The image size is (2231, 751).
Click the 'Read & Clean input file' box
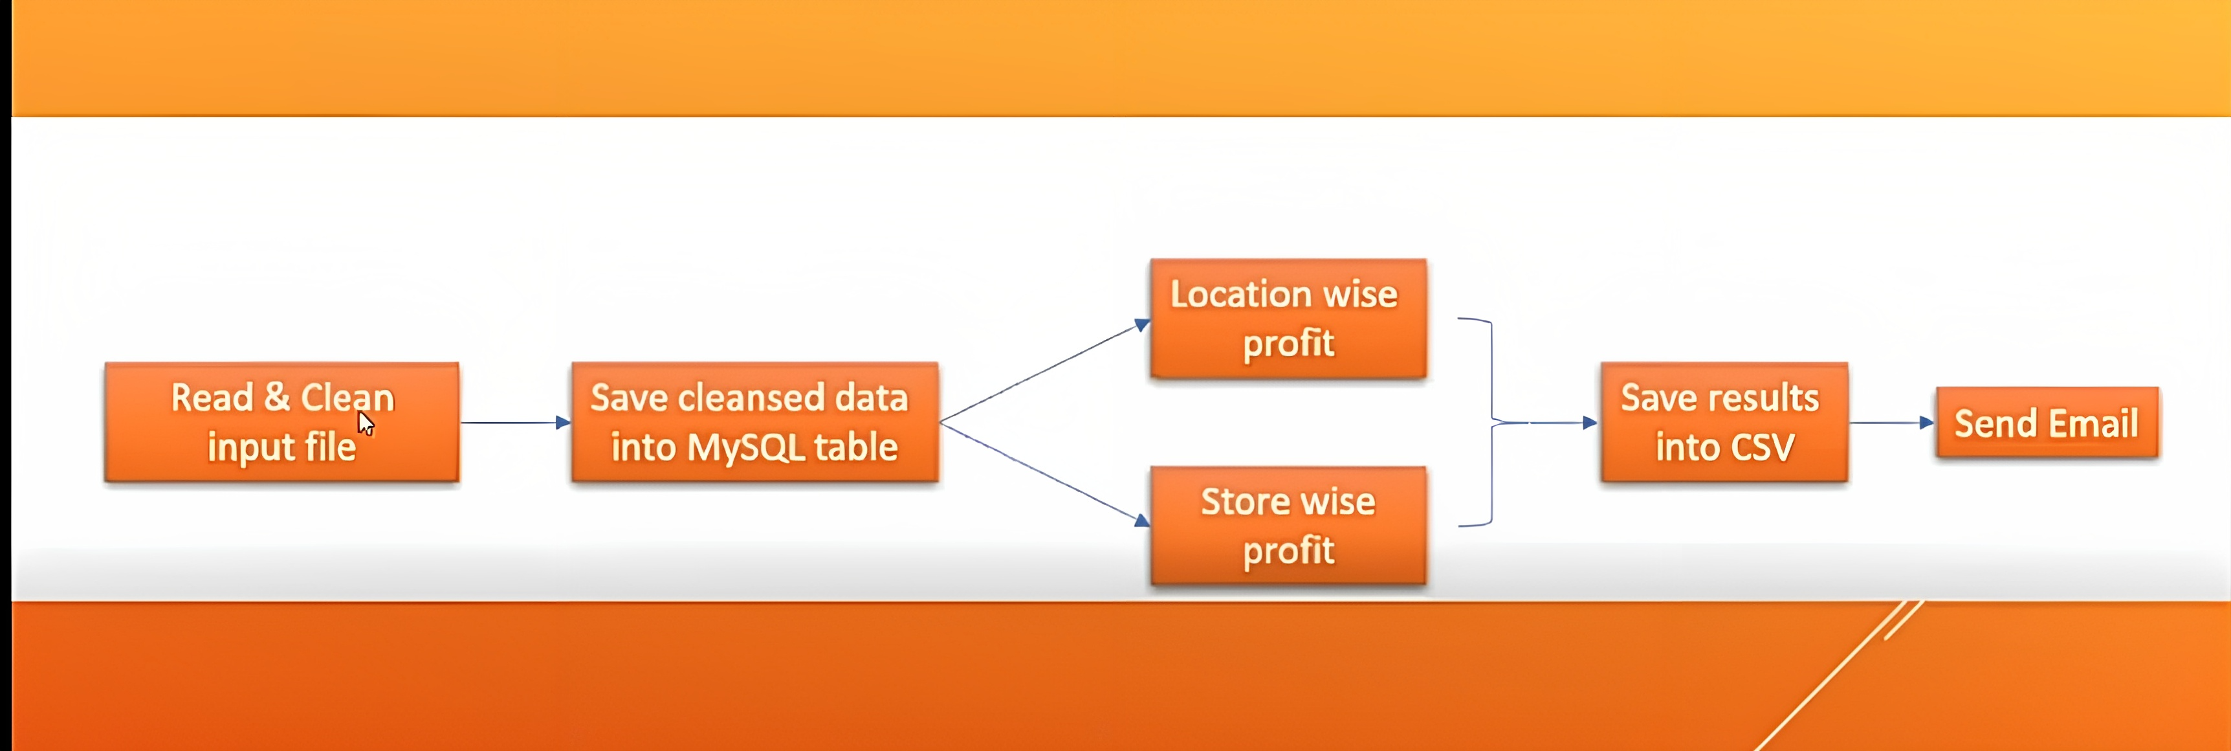coord(281,422)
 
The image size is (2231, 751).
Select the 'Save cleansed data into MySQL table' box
coord(754,422)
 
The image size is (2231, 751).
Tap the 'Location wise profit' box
coord(1288,318)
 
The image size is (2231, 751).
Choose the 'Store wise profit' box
coord(1288,526)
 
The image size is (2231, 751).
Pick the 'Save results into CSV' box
coord(1724,422)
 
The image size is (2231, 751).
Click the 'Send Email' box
coord(2047,423)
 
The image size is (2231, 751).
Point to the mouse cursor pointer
coord(366,423)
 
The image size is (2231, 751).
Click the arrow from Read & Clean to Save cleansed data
coord(515,423)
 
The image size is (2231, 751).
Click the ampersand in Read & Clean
coord(277,398)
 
